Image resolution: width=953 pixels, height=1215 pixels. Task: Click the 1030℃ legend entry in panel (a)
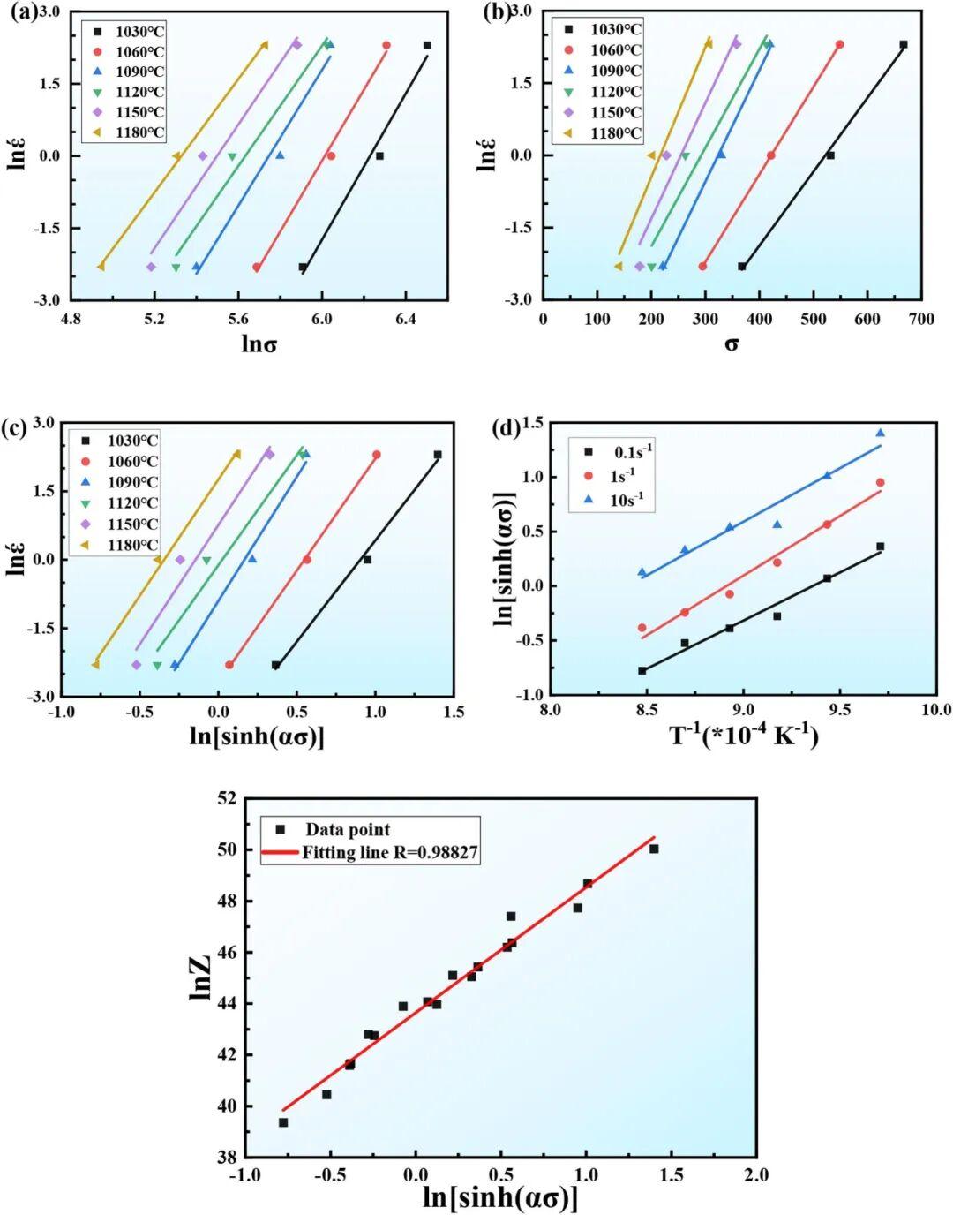(x=140, y=31)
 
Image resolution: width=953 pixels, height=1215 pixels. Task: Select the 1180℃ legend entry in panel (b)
(x=615, y=133)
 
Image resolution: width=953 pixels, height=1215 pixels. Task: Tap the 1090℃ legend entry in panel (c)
(x=132, y=482)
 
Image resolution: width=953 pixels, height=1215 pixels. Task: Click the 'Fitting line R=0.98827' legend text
(x=391, y=852)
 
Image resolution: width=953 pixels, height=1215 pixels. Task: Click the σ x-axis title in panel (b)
(x=732, y=343)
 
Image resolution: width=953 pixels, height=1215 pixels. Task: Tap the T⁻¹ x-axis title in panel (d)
(x=744, y=735)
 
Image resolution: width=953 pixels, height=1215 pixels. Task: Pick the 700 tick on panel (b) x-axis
(x=921, y=319)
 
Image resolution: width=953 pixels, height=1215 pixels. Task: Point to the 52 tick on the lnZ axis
(x=226, y=798)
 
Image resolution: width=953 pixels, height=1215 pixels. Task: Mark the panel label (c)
(x=19, y=429)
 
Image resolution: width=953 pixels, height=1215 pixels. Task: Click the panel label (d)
(x=508, y=429)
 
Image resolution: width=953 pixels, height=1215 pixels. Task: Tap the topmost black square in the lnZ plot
(x=654, y=849)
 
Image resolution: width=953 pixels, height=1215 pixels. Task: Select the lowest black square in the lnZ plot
(x=283, y=1122)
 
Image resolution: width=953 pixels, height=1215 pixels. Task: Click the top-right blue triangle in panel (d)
(x=880, y=433)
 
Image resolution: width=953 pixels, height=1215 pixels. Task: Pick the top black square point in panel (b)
(x=903, y=44)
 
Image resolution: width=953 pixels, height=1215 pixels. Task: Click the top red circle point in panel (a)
(x=386, y=45)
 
